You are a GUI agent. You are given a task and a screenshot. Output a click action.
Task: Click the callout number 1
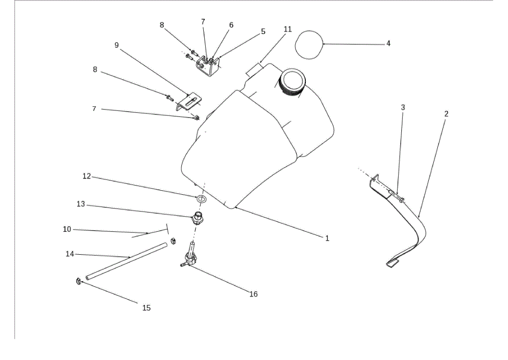(x=327, y=238)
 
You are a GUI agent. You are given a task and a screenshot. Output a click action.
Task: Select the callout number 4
(x=388, y=43)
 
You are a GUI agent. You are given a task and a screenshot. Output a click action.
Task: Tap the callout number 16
(x=253, y=294)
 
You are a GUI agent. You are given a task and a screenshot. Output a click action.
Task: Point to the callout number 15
(x=146, y=308)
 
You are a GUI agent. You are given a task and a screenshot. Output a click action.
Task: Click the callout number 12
(x=86, y=176)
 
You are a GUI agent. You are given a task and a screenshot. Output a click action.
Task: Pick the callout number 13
(x=81, y=204)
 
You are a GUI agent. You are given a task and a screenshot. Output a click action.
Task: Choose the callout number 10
(x=67, y=229)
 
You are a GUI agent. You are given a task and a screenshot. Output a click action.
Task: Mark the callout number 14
(x=70, y=254)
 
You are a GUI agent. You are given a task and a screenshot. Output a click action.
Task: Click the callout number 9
(x=117, y=45)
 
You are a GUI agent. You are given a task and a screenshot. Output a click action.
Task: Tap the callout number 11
(x=288, y=29)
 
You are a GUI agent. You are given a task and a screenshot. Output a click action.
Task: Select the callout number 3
(x=403, y=107)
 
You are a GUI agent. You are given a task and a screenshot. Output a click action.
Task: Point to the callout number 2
(x=446, y=114)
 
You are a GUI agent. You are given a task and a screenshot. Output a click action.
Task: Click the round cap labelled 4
(x=309, y=45)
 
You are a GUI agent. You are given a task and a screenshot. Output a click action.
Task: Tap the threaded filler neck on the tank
(x=292, y=82)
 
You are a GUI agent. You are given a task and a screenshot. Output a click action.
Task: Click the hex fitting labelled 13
(x=198, y=218)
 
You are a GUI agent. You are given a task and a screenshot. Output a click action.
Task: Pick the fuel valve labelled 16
(x=189, y=256)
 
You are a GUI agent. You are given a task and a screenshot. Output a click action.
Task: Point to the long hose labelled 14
(x=126, y=261)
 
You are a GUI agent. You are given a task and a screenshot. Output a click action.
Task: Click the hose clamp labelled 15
(x=78, y=281)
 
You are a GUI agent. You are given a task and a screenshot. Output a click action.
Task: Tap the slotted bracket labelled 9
(x=189, y=102)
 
